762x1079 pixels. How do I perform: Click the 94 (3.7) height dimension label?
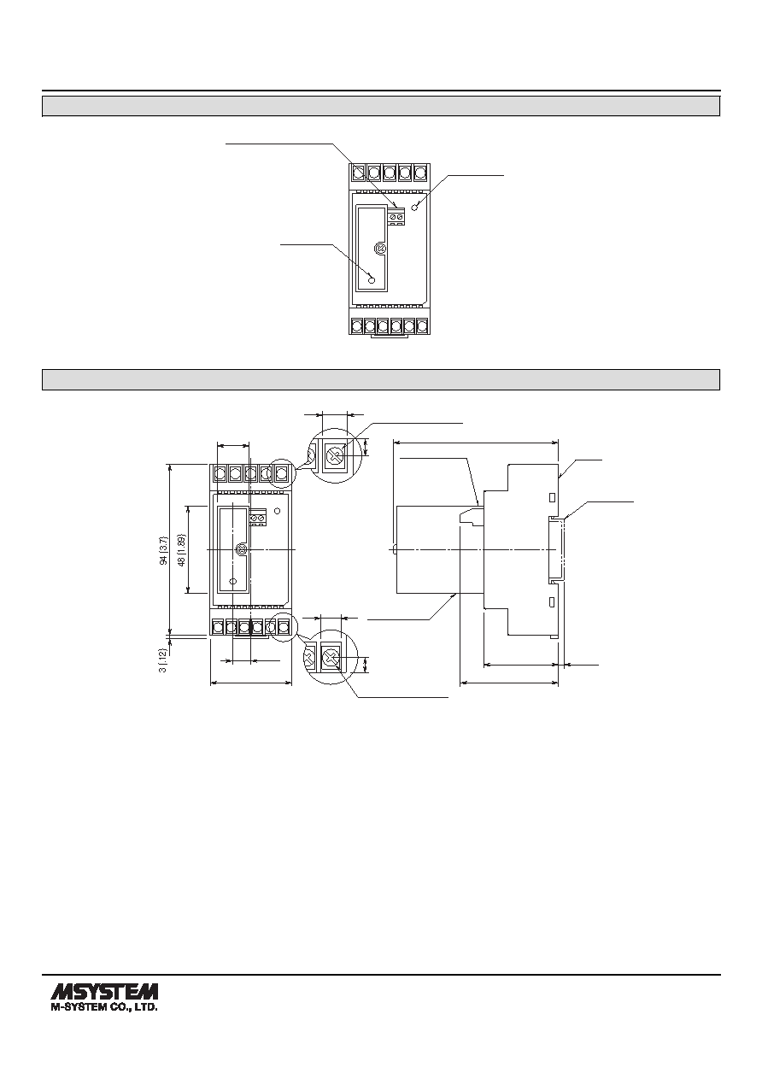[164, 550]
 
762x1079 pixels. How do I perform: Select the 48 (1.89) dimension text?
[182, 549]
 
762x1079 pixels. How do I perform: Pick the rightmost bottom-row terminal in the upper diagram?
[422, 325]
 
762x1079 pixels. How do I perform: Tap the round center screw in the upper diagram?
[380, 248]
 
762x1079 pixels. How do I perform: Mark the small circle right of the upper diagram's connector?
[416, 207]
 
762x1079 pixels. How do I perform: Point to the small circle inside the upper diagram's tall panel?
[372, 280]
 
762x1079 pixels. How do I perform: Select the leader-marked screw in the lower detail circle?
[330, 659]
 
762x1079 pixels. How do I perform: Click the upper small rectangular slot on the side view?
[553, 497]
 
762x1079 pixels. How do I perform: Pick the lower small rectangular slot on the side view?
[553, 601]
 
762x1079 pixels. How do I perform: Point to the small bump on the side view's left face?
[395, 549]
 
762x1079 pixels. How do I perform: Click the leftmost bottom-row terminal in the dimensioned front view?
[218, 627]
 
